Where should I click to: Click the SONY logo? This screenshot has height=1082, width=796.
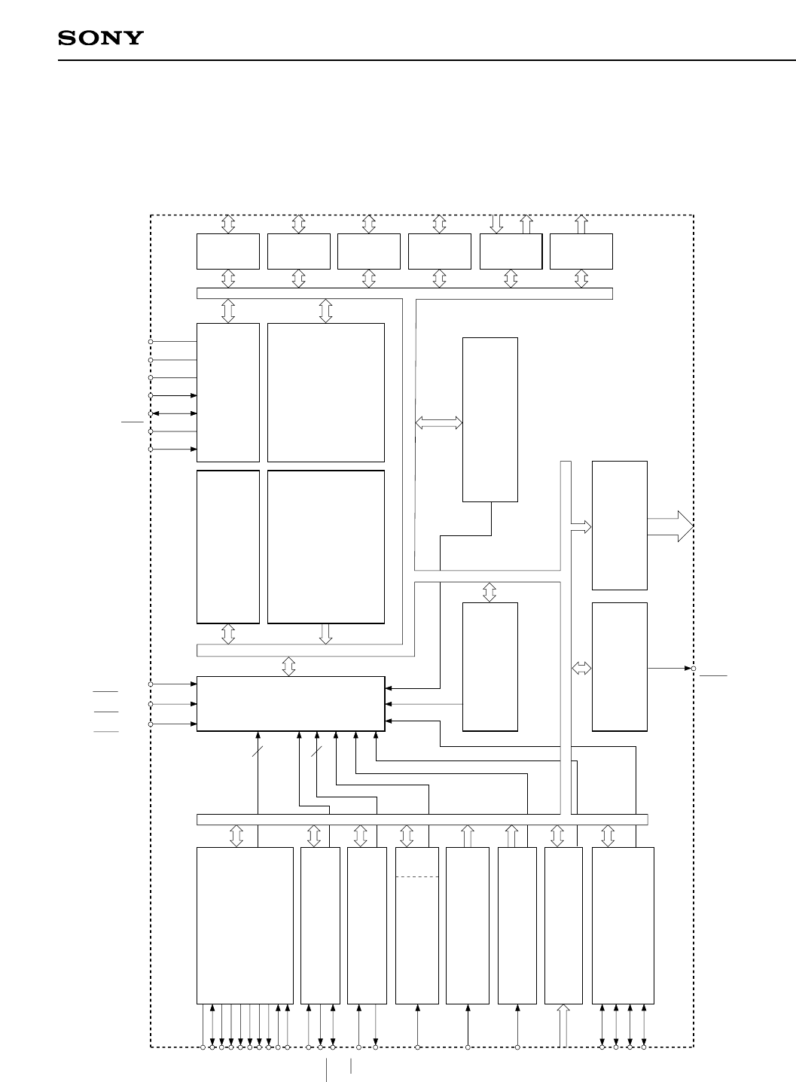(x=101, y=38)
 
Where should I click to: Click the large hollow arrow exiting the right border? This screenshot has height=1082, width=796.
(x=669, y=526)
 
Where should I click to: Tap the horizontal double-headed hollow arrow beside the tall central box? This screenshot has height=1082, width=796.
(x=438, y=424)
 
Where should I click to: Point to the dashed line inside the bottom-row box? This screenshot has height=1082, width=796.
(x=416, y=876)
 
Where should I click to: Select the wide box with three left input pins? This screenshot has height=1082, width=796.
(x=290, y=703)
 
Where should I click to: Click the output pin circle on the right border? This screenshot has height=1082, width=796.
(x=694, y=668)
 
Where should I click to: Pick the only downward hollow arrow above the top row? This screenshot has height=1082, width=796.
(x=496, y=224)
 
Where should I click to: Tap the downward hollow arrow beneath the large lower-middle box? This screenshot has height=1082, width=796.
(x=325, y=634)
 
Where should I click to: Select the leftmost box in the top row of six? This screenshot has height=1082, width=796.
(x=227, y=251)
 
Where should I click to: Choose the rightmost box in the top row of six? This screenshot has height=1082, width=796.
(x=581, y=251)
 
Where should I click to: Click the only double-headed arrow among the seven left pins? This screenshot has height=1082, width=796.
(x=174, y=413)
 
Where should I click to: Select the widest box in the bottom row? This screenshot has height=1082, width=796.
(x=245, y=925)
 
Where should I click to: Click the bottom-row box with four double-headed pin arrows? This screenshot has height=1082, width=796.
(x=623, y=925)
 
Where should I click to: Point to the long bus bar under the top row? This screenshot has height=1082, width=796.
(x=404, y=293)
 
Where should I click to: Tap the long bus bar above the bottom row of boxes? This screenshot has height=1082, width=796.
(x=422, y=819)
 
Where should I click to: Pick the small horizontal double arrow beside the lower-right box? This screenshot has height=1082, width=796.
(x=581, y=668)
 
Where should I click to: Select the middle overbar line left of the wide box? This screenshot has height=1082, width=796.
(x=106, y=712)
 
